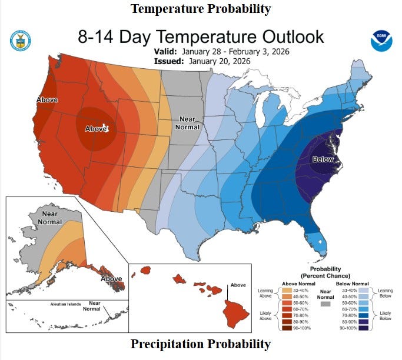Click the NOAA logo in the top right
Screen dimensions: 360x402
click(x=380, y=41)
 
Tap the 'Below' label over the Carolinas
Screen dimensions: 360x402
click(x=323, y=159)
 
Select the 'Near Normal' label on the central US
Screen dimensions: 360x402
click(x=188, y=123)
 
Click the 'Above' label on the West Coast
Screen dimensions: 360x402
click(x=47, y=100)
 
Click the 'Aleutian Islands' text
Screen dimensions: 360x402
click(x=65, y=305)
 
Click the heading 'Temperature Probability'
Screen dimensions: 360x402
click(x=201, y=8)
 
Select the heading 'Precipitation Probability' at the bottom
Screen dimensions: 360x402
click(x=201, y=344)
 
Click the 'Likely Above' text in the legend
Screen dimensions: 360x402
click(x=265, y=316)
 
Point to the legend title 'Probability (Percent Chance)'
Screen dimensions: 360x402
click(x=325, y=272)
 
